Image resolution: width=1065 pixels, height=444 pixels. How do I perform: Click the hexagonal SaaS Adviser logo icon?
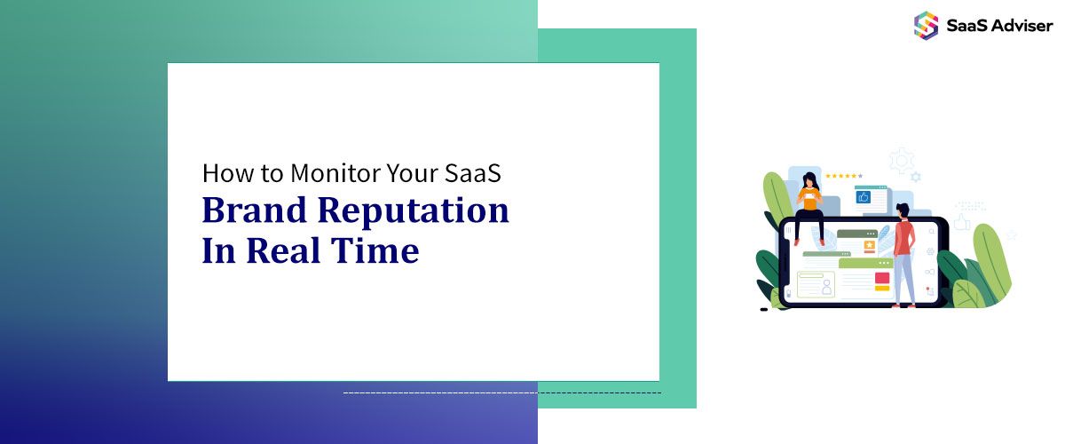(x=926, y=24)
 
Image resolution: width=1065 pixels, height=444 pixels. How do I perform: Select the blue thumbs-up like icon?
(x=863, y=197)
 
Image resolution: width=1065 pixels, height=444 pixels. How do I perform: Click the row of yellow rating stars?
(x=843, y=176)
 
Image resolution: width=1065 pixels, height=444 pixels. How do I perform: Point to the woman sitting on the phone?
(x=809, y=206)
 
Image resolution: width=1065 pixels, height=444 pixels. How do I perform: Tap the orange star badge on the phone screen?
(x=870, y=244)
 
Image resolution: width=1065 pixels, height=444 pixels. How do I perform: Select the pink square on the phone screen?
(x=882, y=279)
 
